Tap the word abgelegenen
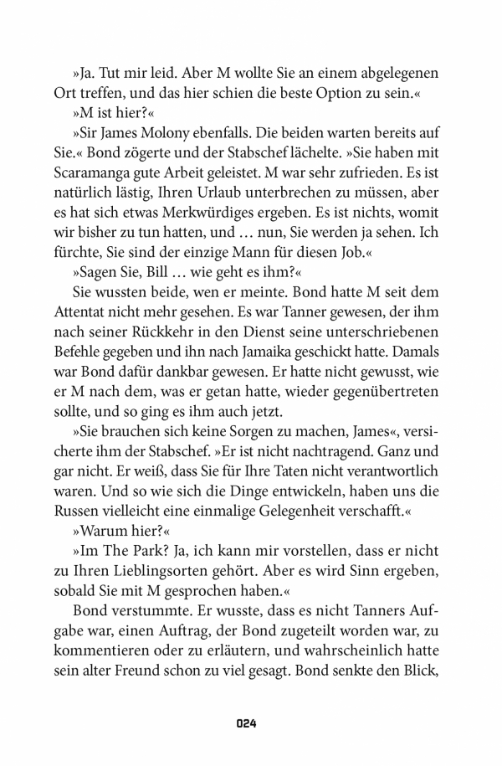click(383, 74)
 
